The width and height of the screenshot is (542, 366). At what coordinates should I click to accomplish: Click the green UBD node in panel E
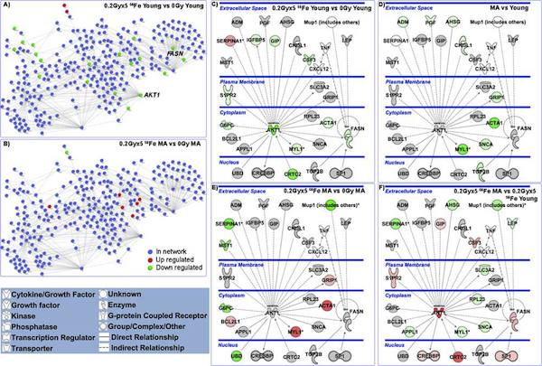click(235, 349)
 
